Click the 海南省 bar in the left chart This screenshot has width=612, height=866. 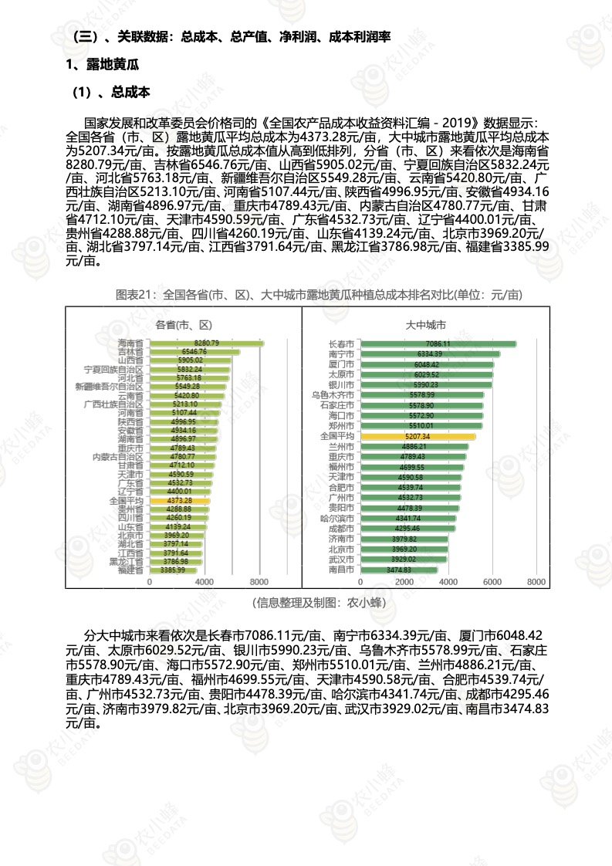point(205,343)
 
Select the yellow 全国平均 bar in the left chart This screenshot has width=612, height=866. point(178,501)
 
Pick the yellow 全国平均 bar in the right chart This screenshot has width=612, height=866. point(418,436)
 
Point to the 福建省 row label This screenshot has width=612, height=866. point(130,570)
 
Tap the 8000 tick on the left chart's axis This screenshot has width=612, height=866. point(259,582)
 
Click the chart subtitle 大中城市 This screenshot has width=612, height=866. point(425,324)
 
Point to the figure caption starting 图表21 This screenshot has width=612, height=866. point(308,295)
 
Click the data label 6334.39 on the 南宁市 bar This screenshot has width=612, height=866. point(427,354)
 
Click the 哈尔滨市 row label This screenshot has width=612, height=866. point(336,518)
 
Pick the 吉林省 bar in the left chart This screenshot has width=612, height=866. point(194,352)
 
